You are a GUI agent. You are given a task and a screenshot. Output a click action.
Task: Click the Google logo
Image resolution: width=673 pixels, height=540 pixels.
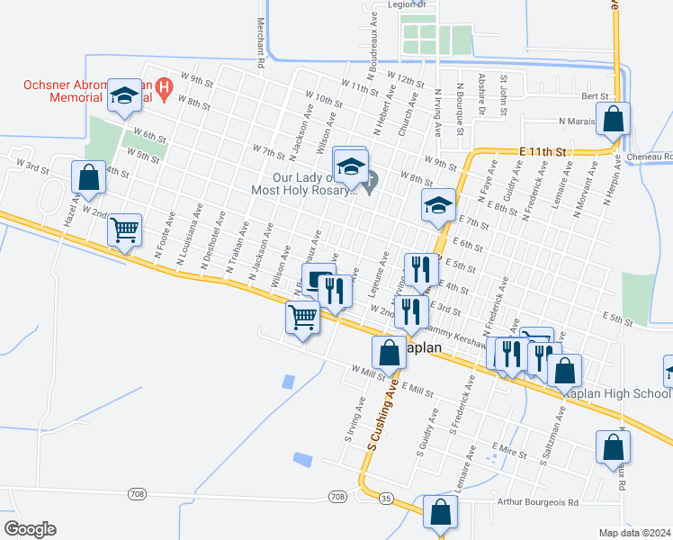(30, 528)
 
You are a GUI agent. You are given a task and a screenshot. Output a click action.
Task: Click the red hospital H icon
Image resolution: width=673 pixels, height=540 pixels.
(164, 88)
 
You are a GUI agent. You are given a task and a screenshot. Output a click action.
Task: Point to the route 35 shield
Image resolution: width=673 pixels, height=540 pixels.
(386, 498)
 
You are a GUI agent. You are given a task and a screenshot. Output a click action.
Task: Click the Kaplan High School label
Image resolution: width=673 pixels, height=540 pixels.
(616, 394)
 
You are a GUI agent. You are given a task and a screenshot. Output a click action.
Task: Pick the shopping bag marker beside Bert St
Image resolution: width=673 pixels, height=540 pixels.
(612, 119)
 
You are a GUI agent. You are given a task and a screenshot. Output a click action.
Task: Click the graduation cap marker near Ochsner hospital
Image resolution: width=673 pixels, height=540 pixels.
(123, 96)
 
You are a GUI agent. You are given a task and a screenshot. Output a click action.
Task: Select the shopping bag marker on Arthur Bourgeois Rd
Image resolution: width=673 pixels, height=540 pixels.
(440, 512)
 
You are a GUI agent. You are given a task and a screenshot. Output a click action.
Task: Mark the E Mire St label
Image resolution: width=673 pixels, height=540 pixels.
(508, 446)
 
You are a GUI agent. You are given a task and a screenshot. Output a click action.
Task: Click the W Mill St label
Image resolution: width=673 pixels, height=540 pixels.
(369, 370)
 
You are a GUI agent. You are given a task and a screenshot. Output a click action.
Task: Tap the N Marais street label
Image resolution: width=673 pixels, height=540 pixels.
(579, 121)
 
